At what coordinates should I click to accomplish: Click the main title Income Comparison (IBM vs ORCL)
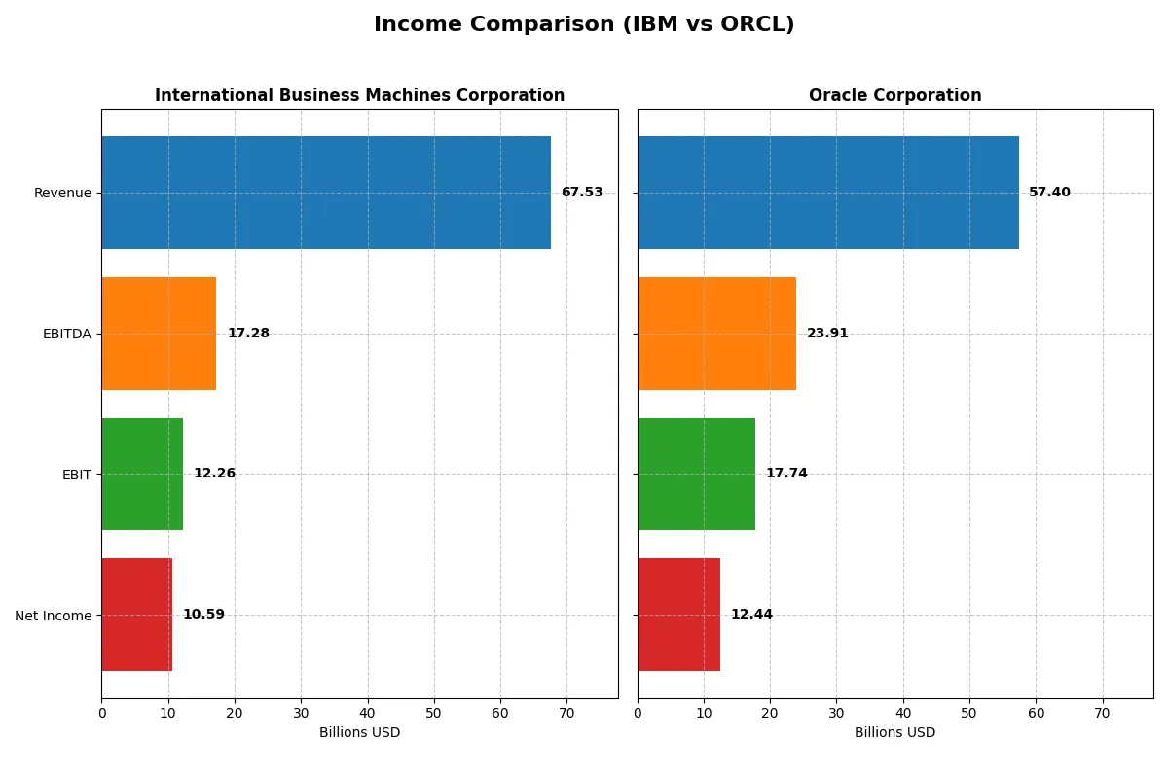[x=584, y=25]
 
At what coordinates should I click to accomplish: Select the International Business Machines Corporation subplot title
[x=359, y=95]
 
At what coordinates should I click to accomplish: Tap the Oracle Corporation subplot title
[x=894, y=95]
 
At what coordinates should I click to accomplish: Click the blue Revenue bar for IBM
[x=326, y=193]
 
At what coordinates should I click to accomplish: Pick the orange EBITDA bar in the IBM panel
[x=159, y=334]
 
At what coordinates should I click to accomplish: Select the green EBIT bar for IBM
[x=142, y=474]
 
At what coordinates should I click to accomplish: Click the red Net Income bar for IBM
[x=136, y=615]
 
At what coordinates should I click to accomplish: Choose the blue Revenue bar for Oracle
[x=828, y=193]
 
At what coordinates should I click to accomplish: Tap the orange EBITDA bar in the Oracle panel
[x=716, y=334]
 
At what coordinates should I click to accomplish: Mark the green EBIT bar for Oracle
[x=696, y=474]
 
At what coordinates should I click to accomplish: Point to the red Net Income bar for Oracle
[x=678, y=615]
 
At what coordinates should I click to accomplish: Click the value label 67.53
[x=582, y=193]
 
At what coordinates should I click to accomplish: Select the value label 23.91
[x=827, y=334]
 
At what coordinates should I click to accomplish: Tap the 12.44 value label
[x=751, y=615]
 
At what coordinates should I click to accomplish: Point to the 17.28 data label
[x=248, y=334]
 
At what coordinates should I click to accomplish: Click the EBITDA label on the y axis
[x=66, y=334]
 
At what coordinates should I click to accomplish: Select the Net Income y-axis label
[x=54, y=616]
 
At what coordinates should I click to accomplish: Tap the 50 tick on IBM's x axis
[x=434, y=713]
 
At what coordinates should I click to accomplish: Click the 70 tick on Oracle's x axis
[x=1102, y=713]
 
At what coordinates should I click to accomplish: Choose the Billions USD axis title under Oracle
[x=894, y=733]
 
